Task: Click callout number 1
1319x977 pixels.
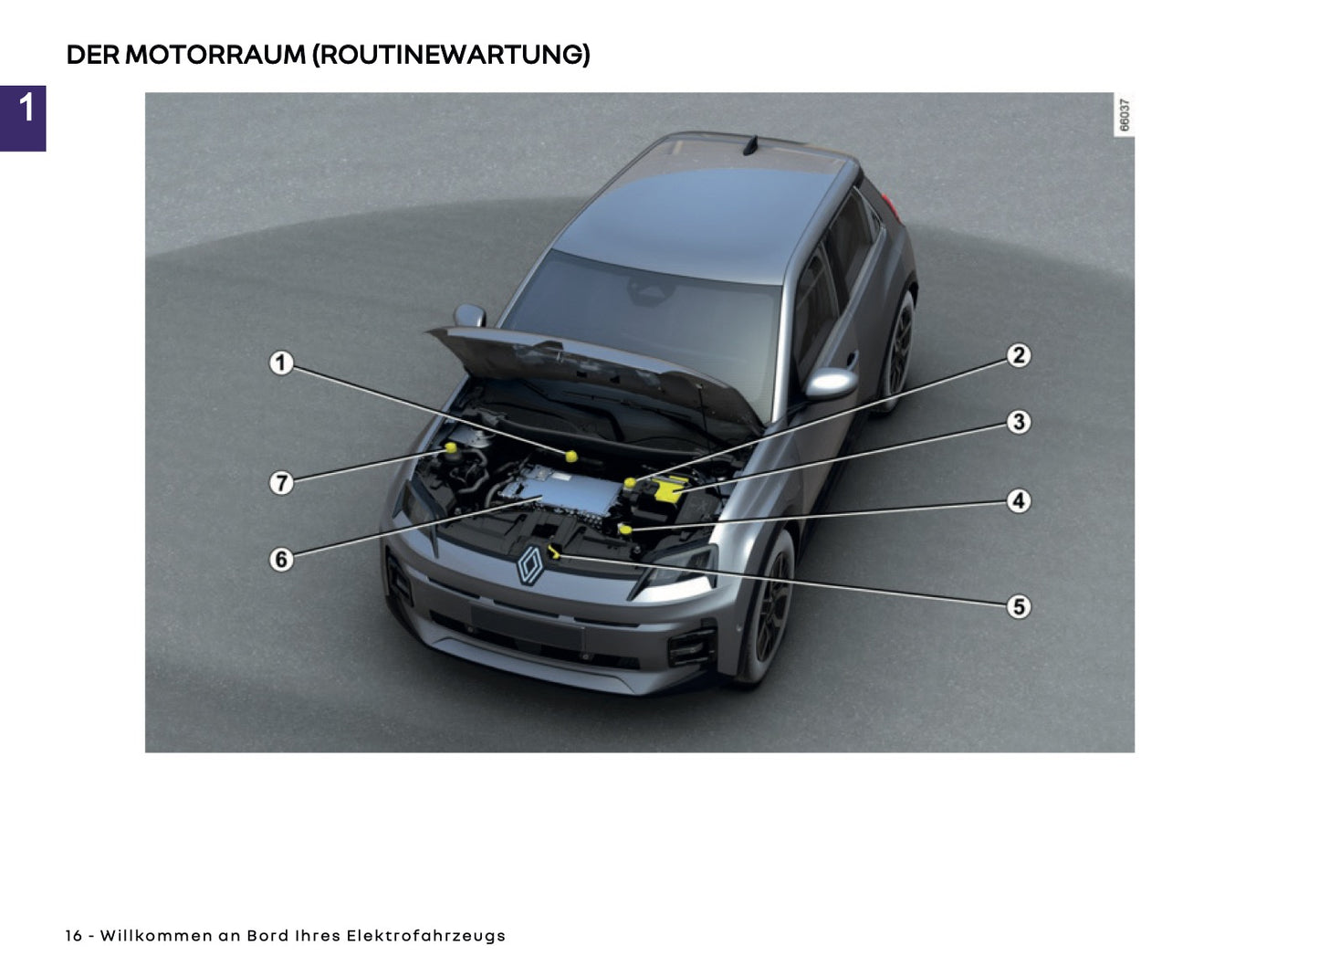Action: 281,362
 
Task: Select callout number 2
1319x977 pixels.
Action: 1019,354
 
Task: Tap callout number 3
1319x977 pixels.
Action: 1019,422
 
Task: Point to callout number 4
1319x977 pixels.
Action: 1019,500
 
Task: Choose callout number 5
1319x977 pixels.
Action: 1019,606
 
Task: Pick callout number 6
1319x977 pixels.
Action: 281,559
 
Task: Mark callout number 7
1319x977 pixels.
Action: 281,482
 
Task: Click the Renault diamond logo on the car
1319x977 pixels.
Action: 531,566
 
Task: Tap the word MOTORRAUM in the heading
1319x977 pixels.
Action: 215,55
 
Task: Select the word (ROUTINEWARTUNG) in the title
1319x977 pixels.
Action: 451,55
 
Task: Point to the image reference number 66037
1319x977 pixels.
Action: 1125,115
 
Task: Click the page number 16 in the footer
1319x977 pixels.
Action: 74,936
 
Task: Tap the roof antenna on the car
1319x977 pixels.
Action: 751,145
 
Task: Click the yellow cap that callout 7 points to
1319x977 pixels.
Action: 451,447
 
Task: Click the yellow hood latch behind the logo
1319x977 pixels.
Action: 554,550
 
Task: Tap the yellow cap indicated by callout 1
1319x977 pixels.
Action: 571,455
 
